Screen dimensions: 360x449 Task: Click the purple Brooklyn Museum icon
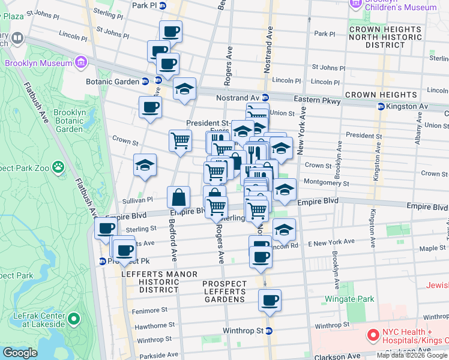pyautogui.click(x=80, y=62)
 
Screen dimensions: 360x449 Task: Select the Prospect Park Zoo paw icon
pyautogui.click(x=58, y=166)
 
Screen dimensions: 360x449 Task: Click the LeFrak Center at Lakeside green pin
pyautogui.click(x=74, y=318)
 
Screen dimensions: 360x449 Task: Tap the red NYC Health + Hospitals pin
pyautogui.click(x=373, y=334)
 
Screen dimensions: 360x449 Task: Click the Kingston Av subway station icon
pyautogui.click(x=380, y=106)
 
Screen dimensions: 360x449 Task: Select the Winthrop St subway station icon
pyautogui.click(x=269, y=331)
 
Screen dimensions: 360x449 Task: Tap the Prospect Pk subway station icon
pyautogui.click(x=103, y=261)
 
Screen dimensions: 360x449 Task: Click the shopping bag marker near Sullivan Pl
pyautogui.click(x=179, y=197)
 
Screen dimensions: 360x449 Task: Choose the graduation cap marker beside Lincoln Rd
pyautogui.click(x=285, y=229)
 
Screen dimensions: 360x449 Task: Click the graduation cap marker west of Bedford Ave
pyautogui.click(x=145, y=165)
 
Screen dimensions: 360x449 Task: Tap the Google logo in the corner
pyautogui.click(x=19, y=353)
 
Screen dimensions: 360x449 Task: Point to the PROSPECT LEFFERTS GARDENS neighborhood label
pyautogui.click(x=224, y=292)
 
